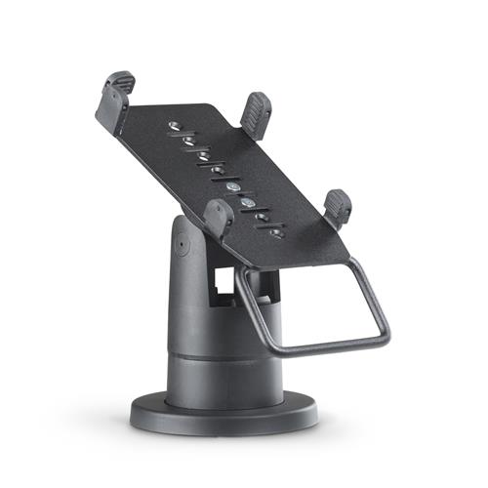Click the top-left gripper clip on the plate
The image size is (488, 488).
pyautogui.click(x=115, y=95)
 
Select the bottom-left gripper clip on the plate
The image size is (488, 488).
pyautogui.click(x=218, y=218)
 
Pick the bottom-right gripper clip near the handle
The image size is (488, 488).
pyautogui.click(x=337, y=207)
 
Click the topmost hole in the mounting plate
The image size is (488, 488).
pyautogui.click(x=173, y=126)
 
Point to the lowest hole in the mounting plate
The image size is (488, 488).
pyautogui.click(x=276, y=232)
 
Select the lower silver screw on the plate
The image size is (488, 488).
pyautogui.click(x=250, y=203)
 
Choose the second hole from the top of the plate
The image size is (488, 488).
pyautogui.click(x=187, y=141)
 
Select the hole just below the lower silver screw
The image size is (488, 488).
pyautogui.click(x=263, y=218)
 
